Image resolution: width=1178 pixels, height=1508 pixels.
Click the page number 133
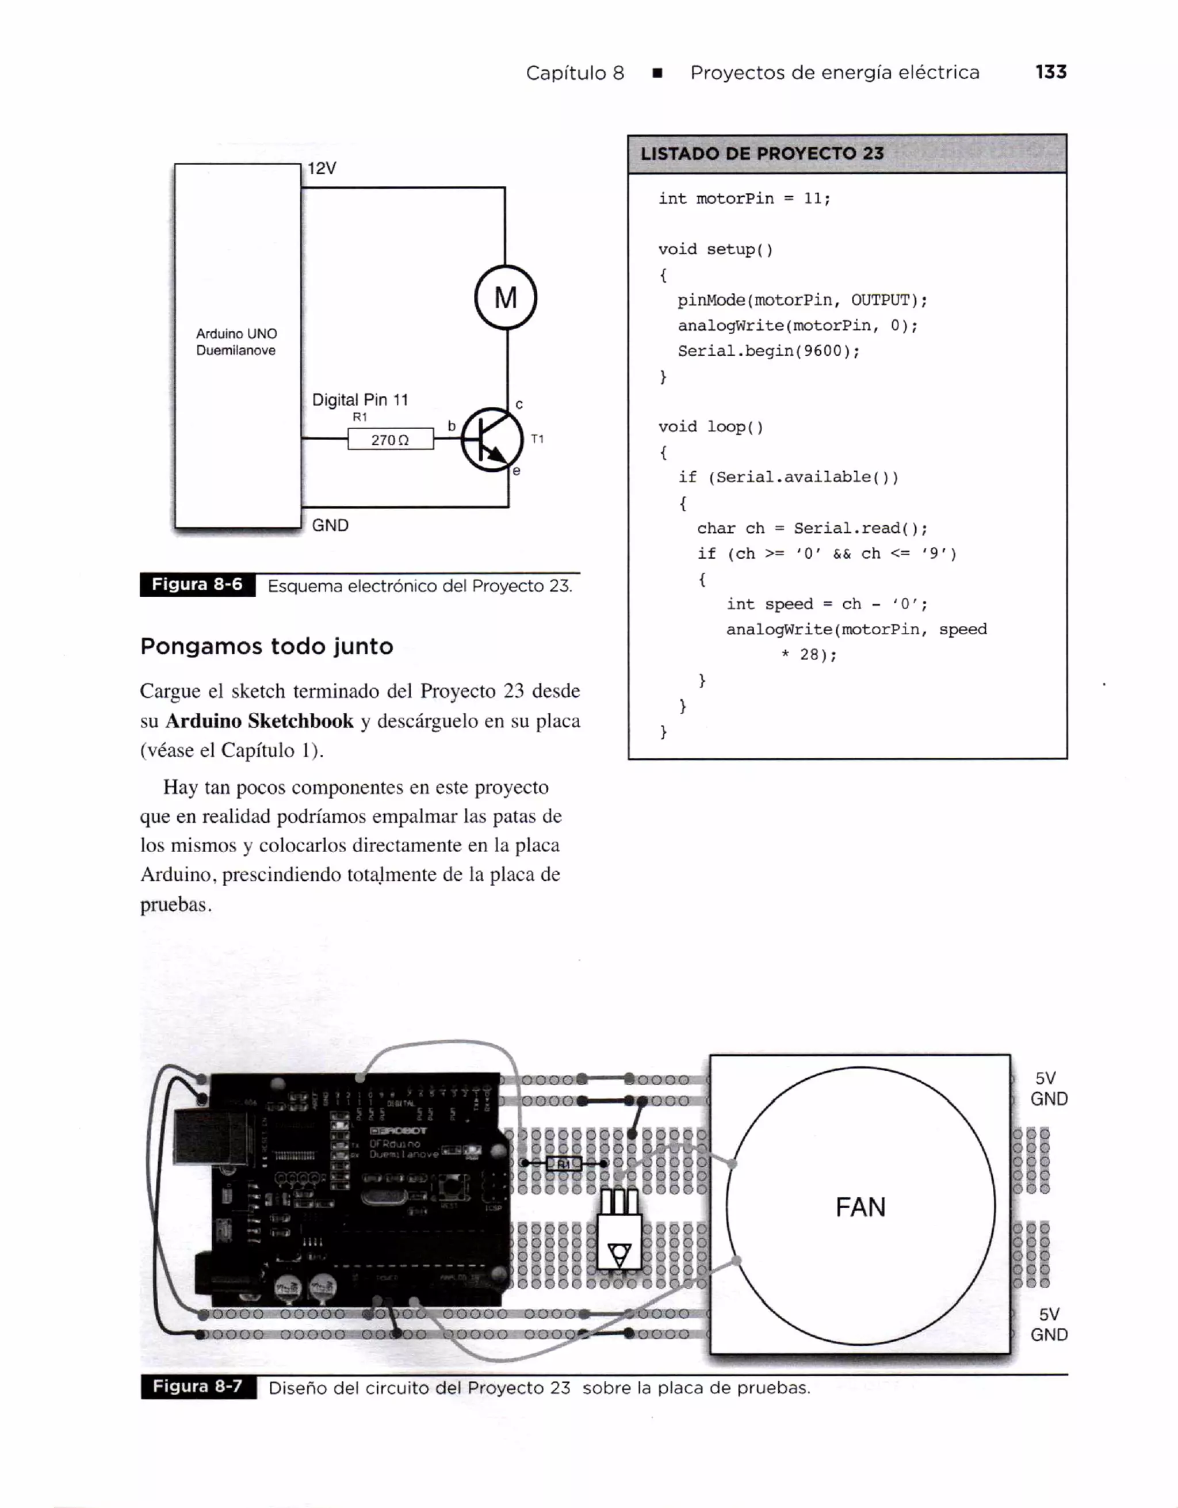1050,72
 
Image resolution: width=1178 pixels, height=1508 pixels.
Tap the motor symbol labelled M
506,297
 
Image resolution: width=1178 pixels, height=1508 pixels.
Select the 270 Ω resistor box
390,439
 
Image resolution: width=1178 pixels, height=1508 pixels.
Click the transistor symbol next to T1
491,439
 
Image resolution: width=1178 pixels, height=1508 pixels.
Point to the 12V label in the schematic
322,169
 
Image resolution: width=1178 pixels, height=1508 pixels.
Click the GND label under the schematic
330,525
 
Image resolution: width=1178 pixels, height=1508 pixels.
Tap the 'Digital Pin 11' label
359,400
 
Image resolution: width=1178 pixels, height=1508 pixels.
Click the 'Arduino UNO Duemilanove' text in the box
236,342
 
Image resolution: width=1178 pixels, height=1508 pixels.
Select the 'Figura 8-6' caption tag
197,585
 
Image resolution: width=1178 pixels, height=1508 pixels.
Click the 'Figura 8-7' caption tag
198,1387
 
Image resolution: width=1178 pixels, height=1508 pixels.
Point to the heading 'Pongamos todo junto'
266,646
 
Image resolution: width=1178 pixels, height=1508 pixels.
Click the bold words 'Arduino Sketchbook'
259,721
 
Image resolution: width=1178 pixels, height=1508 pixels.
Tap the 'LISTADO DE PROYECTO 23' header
762,153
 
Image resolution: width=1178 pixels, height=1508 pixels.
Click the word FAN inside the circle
860,1207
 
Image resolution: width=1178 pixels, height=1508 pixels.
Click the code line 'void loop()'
711,427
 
